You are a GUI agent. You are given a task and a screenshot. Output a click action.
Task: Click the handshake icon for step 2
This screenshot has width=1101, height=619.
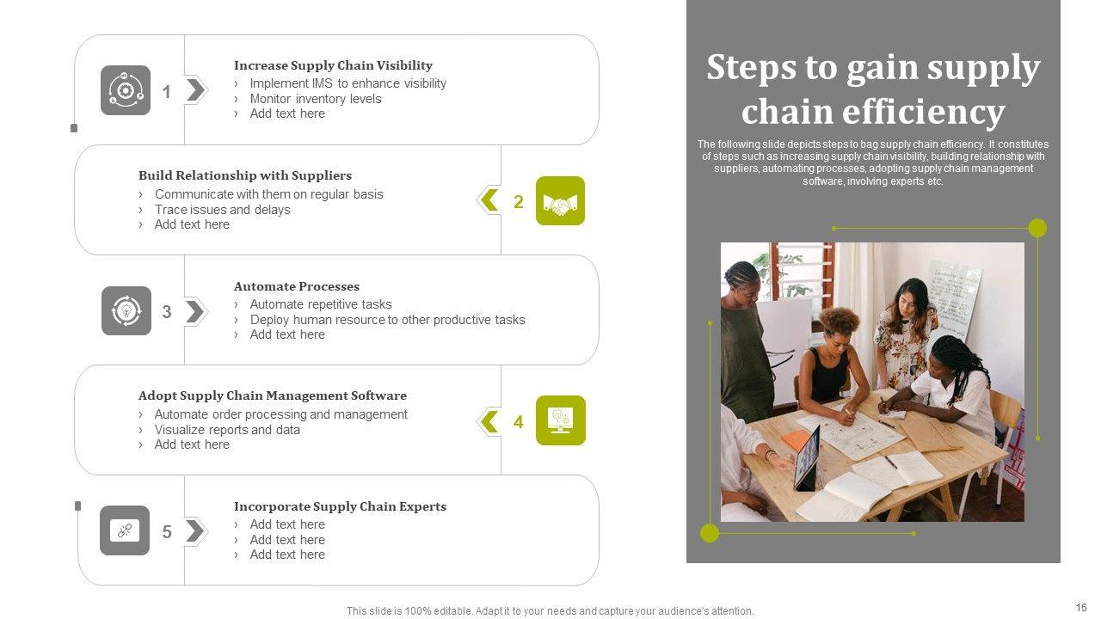pos(560,201)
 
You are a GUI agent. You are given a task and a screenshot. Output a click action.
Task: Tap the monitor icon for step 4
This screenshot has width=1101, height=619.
pos(560,420)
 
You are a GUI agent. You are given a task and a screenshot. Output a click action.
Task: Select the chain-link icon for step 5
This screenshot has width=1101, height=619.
pos(125,530)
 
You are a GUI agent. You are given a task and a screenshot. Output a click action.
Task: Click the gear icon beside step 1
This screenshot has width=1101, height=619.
pos(126,90)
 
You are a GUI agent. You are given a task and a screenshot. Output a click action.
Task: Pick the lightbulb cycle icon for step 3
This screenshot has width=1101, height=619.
pos(126,311)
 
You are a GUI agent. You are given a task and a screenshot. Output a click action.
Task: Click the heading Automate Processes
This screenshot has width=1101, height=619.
pos(297,286)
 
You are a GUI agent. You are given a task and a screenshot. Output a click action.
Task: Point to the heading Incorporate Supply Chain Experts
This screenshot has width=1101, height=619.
pos(340,506)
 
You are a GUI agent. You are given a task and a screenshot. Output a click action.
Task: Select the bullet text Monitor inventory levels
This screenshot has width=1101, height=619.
pos(316,99)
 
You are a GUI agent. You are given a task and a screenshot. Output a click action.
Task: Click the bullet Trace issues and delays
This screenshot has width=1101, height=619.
pos(222,210)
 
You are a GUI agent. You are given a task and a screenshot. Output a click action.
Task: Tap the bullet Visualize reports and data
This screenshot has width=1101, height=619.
pos(227,430)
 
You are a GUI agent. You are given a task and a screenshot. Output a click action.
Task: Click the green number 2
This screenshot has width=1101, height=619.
pos(518,202)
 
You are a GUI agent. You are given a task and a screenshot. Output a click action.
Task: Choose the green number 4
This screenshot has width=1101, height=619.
pos(518,422)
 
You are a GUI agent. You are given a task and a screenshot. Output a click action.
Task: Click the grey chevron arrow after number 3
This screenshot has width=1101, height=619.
pos(195,312)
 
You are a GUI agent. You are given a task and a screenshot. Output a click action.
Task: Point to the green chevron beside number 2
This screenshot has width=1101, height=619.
pos(489,200)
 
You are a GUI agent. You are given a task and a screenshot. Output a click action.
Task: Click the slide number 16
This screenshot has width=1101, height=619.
pos(1081,607)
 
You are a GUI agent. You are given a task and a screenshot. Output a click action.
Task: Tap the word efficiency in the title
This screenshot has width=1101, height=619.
pos(924,112)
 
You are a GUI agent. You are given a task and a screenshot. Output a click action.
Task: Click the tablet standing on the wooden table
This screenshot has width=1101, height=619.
pos(807,459)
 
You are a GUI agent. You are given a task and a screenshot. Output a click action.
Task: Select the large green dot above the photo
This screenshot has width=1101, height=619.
pos(1037,228)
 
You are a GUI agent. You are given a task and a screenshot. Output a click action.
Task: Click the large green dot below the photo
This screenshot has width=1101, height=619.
pos(710,533)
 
